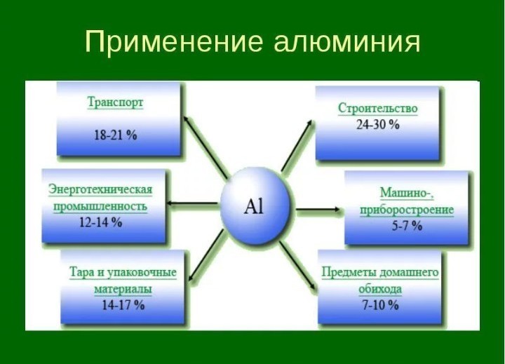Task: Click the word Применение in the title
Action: click(x=174, y=42)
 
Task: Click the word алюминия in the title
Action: click(x=347, y=43)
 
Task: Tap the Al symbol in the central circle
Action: click(x=254, y=206)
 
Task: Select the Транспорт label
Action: click(x=115, y=103)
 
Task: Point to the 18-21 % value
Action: click(x=115, y=135)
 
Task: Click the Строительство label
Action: click(x=378, y=108)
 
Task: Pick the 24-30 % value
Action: click(x=378, y=124)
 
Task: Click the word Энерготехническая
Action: click(x=100, y=189)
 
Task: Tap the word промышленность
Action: click(x=100, y=206)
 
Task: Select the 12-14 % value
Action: click(x=100, y=222)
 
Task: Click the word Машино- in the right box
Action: click(x=407, y=193)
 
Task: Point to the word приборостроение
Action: click(x=407, y=210)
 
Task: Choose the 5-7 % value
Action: click(x=407, y=226)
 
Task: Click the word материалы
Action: click(x=123, y=289)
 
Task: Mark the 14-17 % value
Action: click(x=123, y=304)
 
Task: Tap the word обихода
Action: click(x=380, y=289)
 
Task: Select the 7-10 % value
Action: click(x=380, y=304)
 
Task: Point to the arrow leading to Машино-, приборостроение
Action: click(x=318, y=210)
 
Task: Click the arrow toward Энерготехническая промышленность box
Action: click(x=193, y=203)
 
